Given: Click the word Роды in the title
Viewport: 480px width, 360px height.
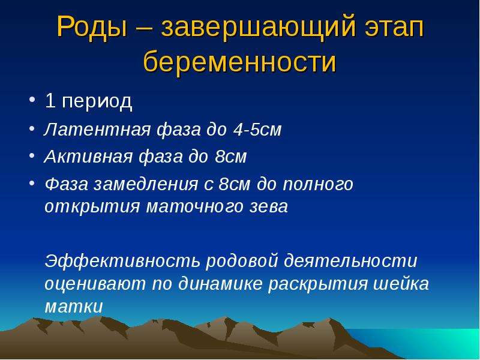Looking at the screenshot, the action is [x=92, y=28].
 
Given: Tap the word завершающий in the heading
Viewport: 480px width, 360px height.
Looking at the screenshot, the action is [x=259, y=28].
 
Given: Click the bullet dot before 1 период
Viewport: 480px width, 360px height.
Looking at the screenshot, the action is [x=32, y=100].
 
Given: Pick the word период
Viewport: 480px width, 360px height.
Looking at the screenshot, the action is [x=97, y=101].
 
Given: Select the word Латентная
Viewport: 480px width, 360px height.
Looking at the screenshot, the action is [x=97, y=130].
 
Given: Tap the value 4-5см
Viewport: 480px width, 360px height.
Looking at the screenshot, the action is [x=257, y=130].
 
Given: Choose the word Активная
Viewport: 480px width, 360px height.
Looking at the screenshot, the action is [x=88, y=157].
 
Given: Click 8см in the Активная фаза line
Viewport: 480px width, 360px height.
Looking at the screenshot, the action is [x=231, y=157].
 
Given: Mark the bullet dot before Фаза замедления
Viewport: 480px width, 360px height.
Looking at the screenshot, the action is [x=32, y=183].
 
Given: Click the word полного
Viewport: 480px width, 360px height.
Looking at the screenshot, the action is [x=318, y=185].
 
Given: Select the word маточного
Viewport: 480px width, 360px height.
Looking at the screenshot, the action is [x=194, y=206].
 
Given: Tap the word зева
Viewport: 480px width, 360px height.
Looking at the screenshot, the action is [x=269, y=206].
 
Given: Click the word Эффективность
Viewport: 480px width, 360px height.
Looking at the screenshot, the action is [x=122, y=261].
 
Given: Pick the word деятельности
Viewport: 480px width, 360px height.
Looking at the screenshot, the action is [x=350, y=261].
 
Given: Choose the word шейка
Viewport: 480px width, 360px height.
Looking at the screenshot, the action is [x=401, y=284].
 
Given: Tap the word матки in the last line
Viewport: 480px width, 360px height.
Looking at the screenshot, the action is [x=73, y=307].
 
